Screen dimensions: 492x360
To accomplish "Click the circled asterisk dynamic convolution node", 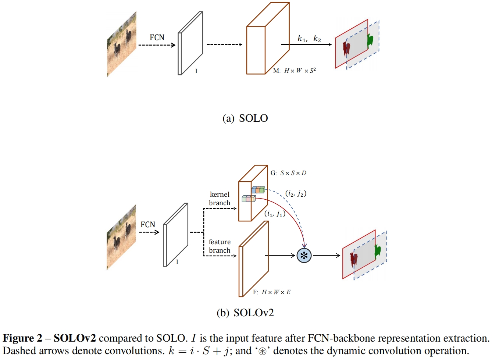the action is tap(304, 256).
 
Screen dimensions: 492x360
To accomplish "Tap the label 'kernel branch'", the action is tap(220, 199).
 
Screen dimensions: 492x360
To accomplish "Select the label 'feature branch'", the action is tap(220, 246).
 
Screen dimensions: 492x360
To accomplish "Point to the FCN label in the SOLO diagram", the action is tap(157, 38).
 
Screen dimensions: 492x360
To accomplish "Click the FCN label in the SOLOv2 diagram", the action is tap(148, 224).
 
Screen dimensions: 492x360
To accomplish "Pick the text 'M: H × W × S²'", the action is tap(295, 71).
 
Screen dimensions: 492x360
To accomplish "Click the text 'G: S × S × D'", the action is tap(288, 173).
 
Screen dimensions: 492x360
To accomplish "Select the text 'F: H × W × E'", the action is tap(272, 292).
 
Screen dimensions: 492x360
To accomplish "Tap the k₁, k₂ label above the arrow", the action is tap(309, 39).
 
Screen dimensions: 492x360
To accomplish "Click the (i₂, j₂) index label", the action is tap(296, 194).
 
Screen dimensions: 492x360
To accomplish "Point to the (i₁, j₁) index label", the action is tap(275, 214).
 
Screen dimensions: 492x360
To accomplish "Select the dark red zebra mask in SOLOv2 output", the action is tap(354, 259).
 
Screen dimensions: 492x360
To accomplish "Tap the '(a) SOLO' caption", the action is tap(245, 118).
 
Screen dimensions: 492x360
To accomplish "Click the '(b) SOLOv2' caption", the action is tap(245, 313).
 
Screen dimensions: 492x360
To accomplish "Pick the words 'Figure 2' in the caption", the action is tap(22, 338).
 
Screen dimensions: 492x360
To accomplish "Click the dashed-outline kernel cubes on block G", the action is tap(258, 190).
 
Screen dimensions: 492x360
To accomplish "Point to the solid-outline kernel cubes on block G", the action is tap(249, 199).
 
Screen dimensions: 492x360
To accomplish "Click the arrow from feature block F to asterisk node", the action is tap(280, 256).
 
